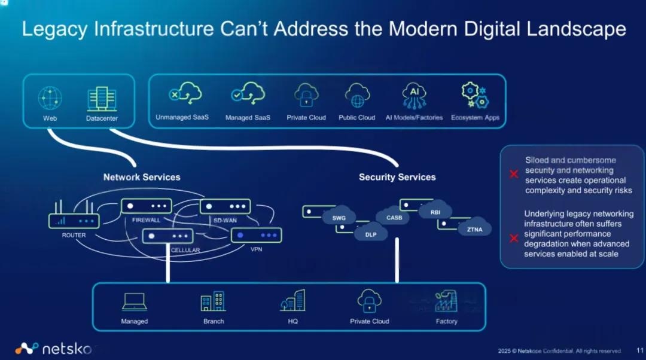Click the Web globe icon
50,97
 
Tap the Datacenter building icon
101,99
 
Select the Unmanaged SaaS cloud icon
182,94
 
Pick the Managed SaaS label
248,118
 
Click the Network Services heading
142,177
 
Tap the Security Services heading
397,177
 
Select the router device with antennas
74,219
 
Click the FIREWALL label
146,220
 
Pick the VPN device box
256,235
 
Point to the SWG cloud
339,218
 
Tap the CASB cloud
394,217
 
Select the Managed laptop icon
134,302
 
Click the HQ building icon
292,301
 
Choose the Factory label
446,321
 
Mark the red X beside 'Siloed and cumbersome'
513,175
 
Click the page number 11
639,351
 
